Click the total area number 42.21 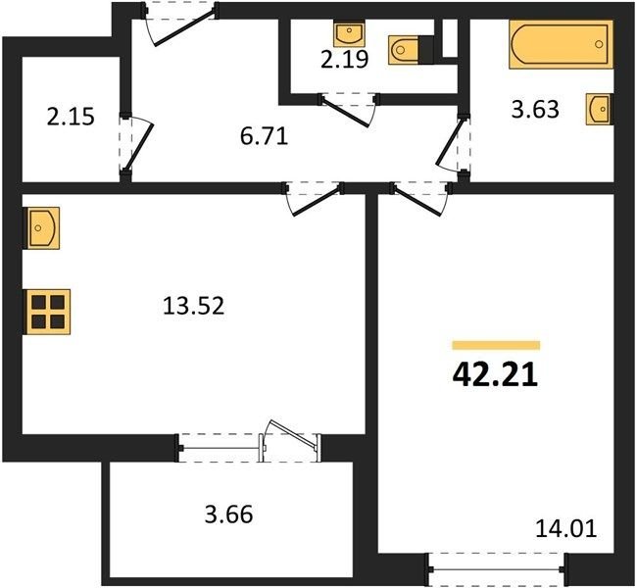[x=495, y=375]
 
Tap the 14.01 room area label [x=566, y=528]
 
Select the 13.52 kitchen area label [x=193, y=306]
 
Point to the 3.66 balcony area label [x=229, y=514]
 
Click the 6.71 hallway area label [x=264, y=136]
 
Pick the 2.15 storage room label [x=71, y=117]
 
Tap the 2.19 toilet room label [x=345, y=60]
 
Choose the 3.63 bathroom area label [x=535, y=110]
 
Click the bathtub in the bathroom [x=561, y=44]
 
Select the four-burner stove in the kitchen [x=47, y=312]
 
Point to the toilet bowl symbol [x=404, y=50]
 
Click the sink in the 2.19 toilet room [x=349, y=32]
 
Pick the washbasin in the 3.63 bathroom [x=600, y=109]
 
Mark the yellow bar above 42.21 [x=496, y=345]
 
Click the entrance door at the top [x=180, y=24]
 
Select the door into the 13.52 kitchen [x=314, y=198]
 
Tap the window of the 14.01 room [x=496, y=569]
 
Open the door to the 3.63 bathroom [x=453, y=143]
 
